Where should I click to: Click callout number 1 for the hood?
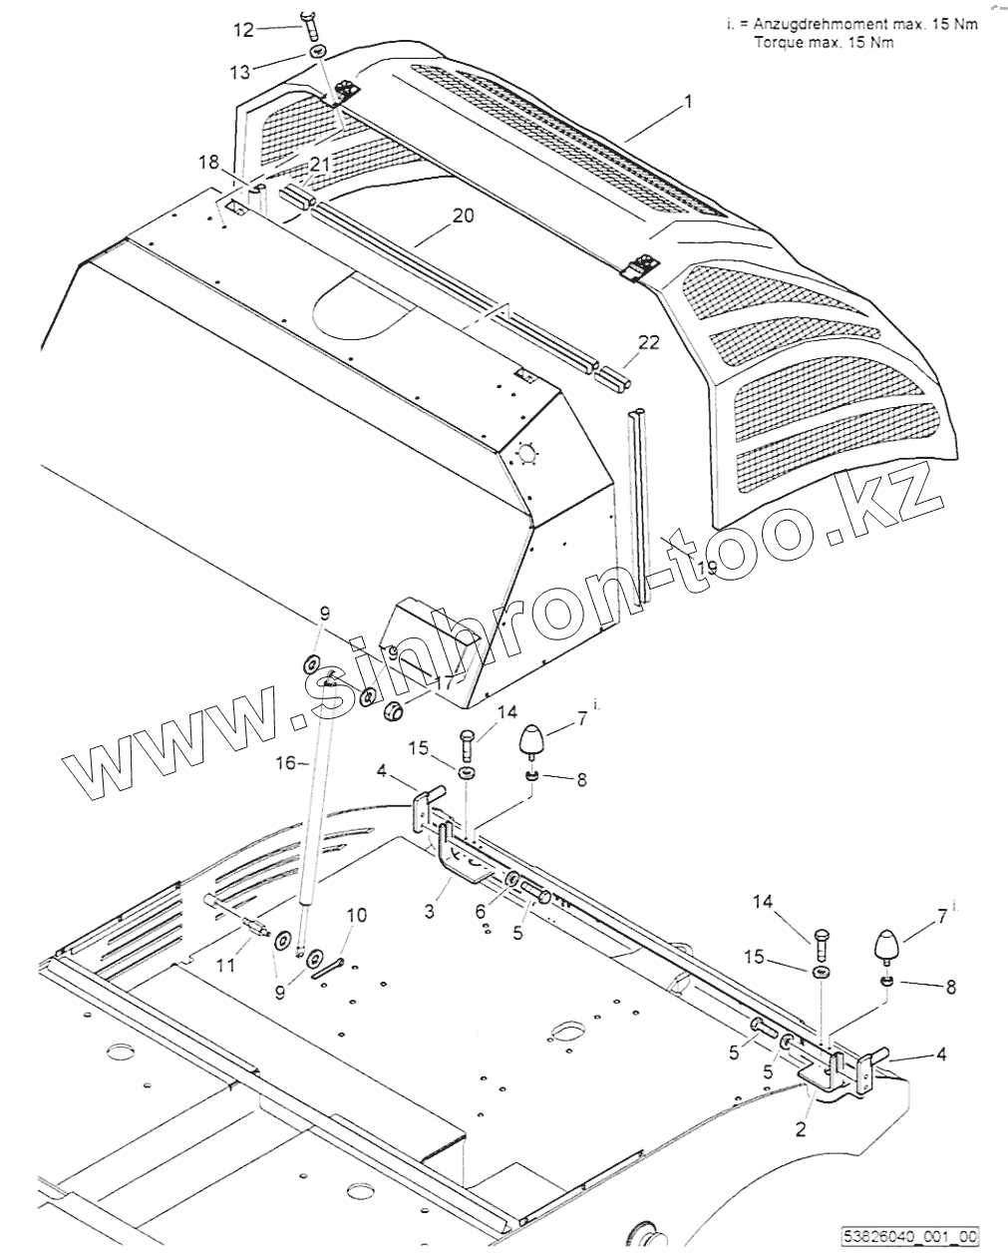click(687, 102)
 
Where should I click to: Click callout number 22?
click(649, 342)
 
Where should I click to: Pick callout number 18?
click(207, 163)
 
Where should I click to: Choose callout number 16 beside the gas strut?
click(285, 762)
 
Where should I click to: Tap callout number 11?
click(226, 965)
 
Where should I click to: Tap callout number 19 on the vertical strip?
click(707, 569)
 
